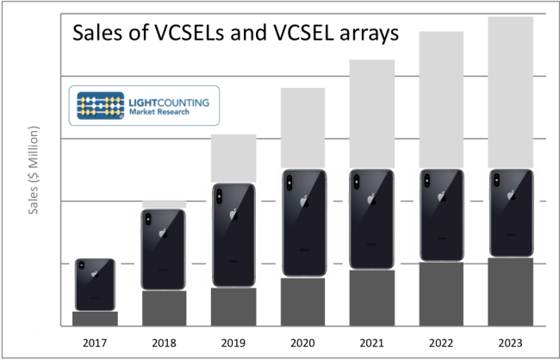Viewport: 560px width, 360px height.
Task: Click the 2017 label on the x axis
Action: pos(95,343)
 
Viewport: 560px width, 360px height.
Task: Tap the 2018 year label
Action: pos(164,343)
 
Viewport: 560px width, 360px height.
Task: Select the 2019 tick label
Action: pos(233,343)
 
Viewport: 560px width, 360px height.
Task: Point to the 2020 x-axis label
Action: pos(302,343)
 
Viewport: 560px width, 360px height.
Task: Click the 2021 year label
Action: pos(372,343)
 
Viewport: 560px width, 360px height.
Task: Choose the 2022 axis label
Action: pos(441,343)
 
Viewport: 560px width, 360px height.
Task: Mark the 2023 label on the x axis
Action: pos(510,343)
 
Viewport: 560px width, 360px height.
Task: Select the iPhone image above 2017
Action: pos(95,284)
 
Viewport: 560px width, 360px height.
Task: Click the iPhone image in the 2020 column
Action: pos(302,223)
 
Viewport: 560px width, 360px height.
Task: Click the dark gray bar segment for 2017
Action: pos(95,319)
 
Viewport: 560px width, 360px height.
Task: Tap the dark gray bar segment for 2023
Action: pos(510,292)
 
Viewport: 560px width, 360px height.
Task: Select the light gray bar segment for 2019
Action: pos(233,158)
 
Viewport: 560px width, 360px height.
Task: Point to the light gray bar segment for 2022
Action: pos(441,99)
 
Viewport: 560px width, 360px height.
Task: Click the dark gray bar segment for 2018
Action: pos(164,308)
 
